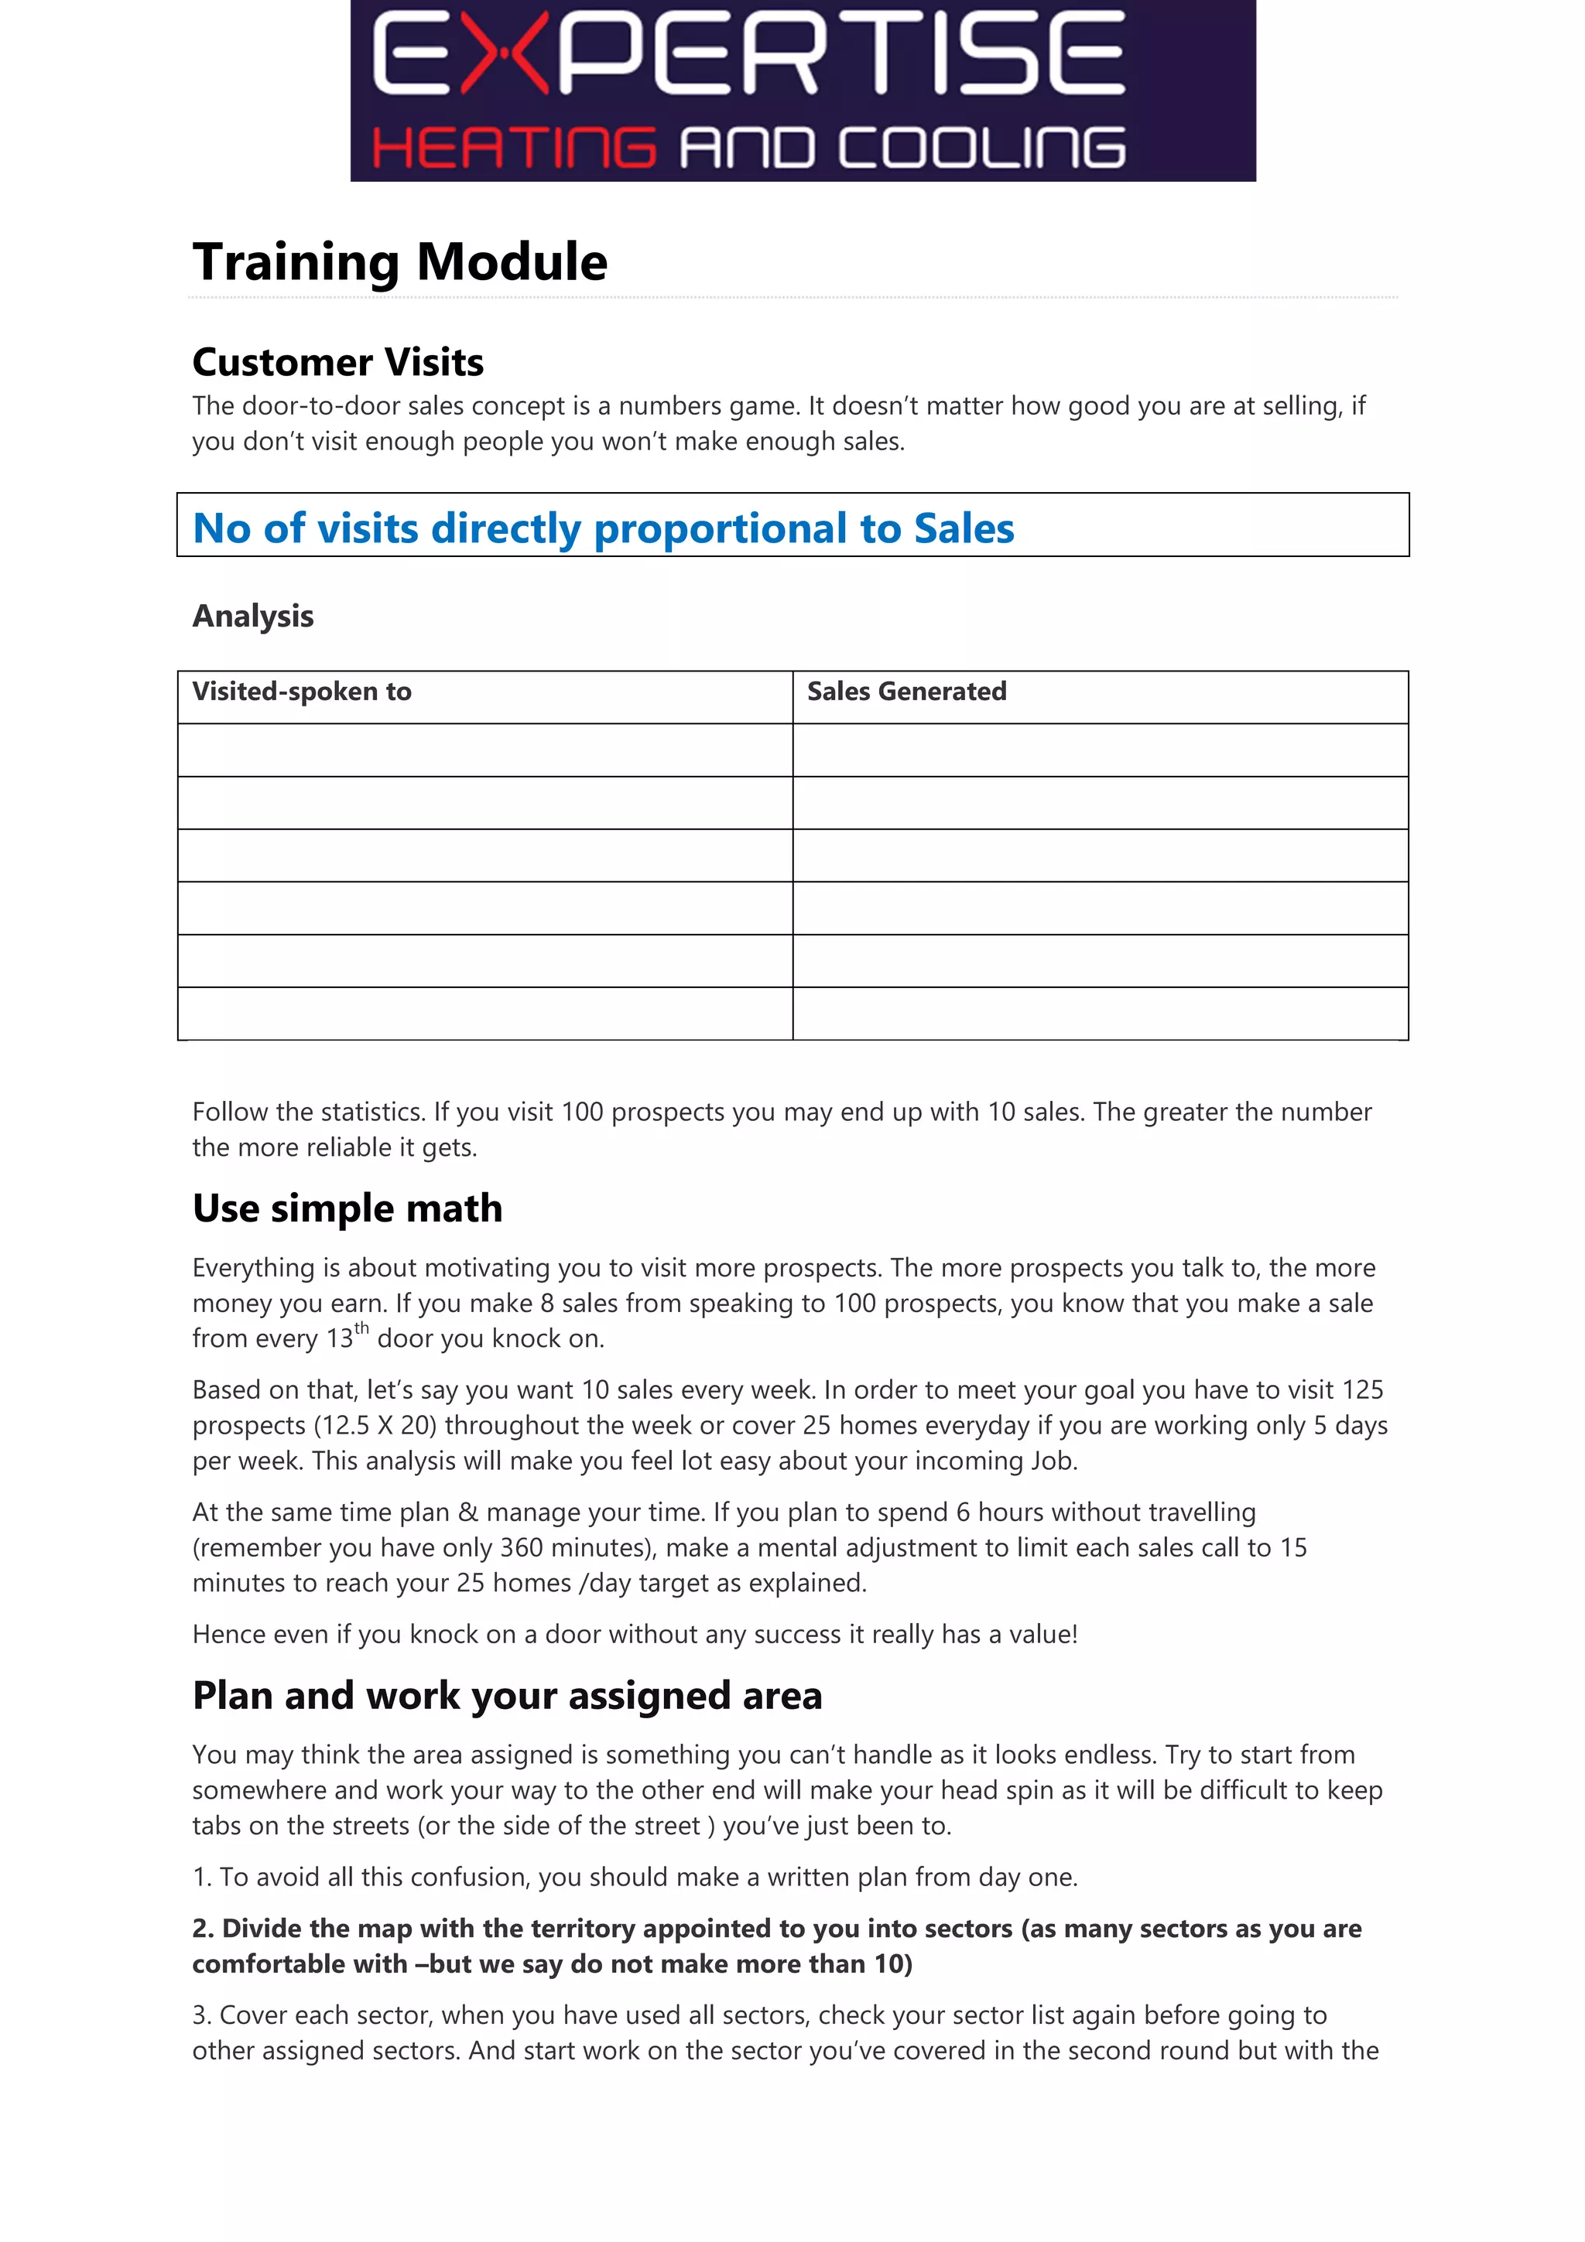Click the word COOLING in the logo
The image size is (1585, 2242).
coord(981,148)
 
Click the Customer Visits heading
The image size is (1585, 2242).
coord(338,362)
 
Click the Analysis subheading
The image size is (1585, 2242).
coord(253,616)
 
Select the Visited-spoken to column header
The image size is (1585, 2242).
coord(302,692)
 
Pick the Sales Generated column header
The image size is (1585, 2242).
coord(906,692)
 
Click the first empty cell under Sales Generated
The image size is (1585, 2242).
coord(1100,750)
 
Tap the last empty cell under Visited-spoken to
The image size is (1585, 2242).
coord(484,1013)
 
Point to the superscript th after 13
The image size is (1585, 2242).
coord(361,1328)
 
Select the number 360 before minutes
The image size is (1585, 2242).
coord(522,1548)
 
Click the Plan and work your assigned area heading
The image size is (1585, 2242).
coord(507,1696)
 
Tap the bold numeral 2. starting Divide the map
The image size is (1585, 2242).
coord(202,1929)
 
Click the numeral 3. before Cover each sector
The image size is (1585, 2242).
coord(201,2015)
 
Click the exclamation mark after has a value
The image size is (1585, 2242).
coord(1073,1634)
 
